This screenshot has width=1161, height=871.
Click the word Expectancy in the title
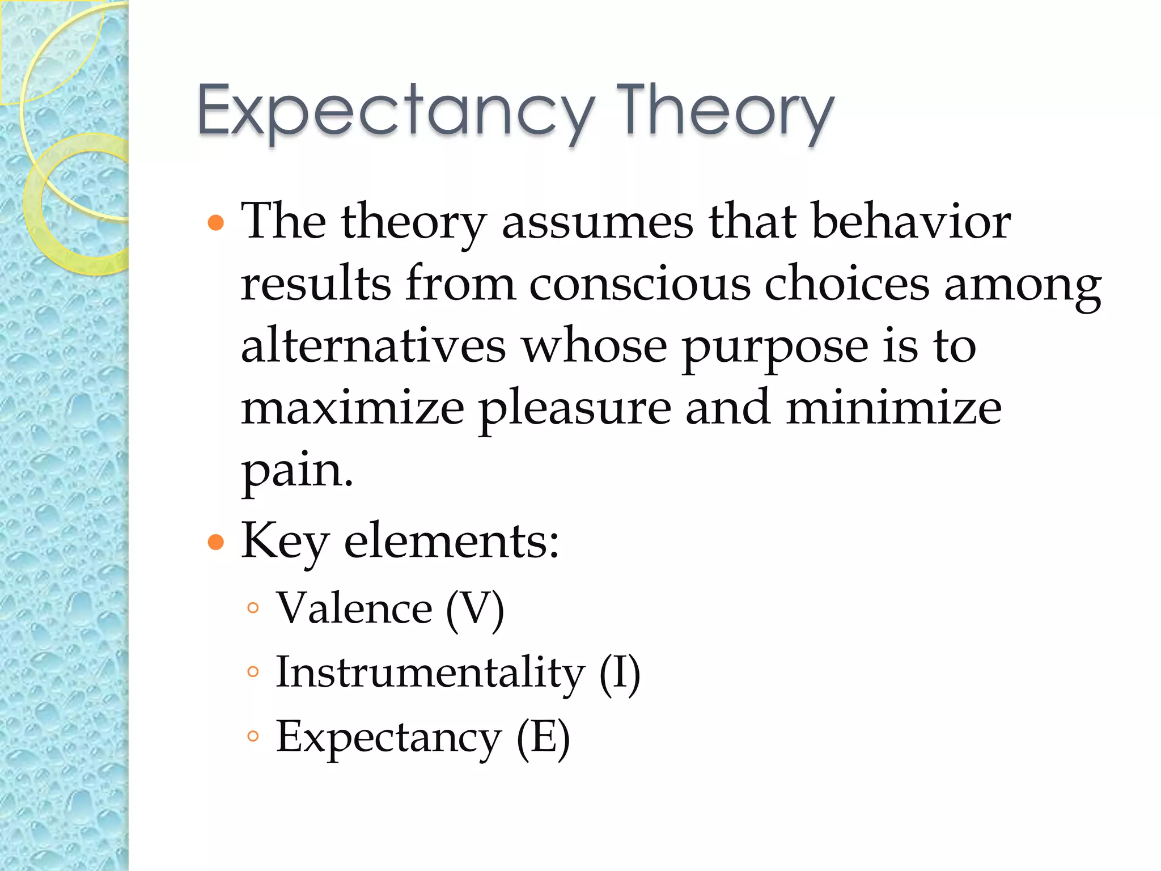[396, 111]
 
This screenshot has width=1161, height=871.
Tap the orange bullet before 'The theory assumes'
[216, 222]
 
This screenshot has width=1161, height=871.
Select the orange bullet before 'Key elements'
[216, 542]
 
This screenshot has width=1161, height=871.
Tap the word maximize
[353, 408]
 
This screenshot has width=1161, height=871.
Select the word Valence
[354, 608]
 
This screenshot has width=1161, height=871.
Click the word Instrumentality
[430, 673]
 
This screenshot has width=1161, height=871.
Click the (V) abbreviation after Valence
[475, 609]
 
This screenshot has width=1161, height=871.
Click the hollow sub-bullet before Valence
[253, 608]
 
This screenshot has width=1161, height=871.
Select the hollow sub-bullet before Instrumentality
[253, 673]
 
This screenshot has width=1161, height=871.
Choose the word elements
[451, 542]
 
